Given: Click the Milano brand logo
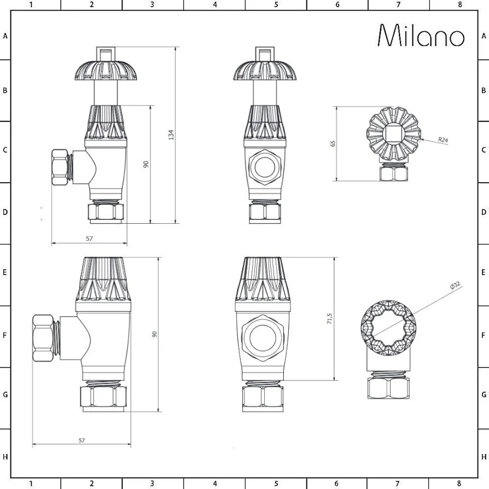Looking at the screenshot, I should (x=421, y=36).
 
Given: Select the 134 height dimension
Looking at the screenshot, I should (x=171, y=135).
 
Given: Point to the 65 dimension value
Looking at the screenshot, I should (x=333, y=144).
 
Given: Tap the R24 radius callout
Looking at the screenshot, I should (x=443, y=140).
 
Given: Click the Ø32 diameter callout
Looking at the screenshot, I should (x=455, y=286).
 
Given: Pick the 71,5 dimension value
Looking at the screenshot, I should (x=329, y=319).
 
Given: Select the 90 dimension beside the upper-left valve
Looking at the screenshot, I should (x=146, y=164).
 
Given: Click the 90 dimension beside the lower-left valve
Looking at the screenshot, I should (x=155, y=334).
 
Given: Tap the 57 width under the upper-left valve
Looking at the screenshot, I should (x=90, y=238).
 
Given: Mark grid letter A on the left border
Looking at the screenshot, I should (x=5, y=36).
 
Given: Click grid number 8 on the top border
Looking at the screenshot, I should (x=459, y=5).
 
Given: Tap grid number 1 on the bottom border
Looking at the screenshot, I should (x=31, y=484).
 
